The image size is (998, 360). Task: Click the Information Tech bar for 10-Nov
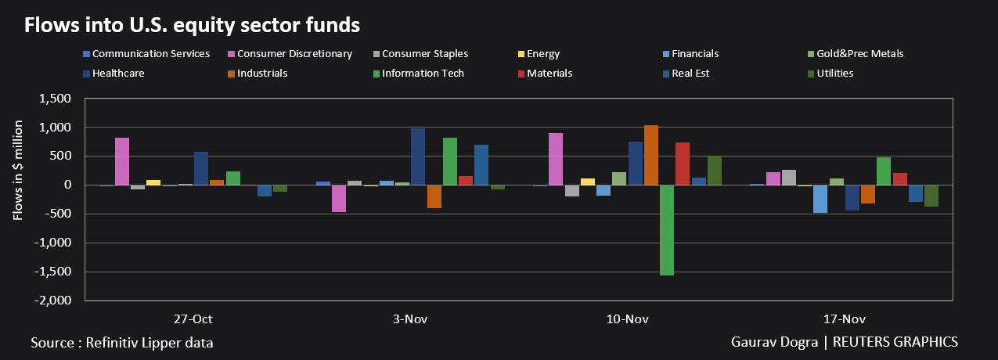point(667,230)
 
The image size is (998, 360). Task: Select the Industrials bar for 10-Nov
point(651,155)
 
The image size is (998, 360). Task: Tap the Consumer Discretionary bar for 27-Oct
point(122,161)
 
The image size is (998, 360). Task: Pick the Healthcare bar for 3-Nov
point(418,157)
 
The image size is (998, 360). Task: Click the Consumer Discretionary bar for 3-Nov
point(339,199)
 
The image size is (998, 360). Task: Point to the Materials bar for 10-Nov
point(683,164)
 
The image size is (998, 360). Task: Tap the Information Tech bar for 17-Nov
point(884,171)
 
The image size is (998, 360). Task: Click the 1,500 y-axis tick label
point(57,99)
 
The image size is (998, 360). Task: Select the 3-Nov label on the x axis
point(409,319)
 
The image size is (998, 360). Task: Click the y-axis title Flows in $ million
point(18,199)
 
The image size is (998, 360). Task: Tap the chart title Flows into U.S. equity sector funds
point(192,25)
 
